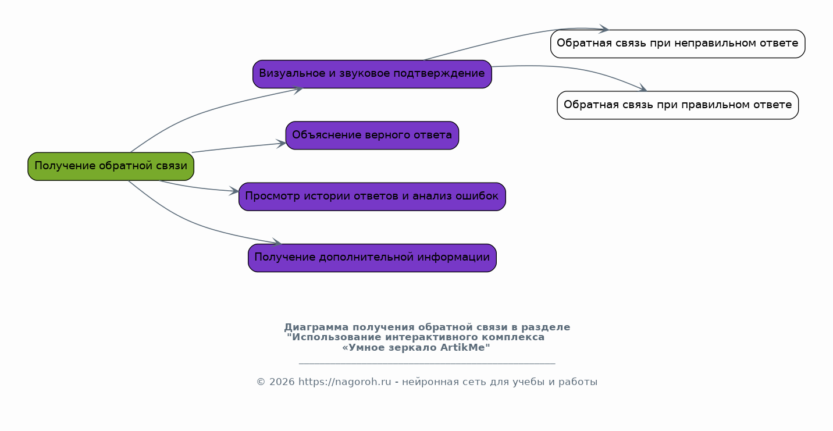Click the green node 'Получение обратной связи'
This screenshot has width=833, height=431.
coord(111,166)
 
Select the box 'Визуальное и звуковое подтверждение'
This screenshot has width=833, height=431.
coord(372,74)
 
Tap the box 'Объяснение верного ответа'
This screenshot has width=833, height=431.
coord(372,136)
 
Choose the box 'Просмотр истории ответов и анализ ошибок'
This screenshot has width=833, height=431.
coord(372,197)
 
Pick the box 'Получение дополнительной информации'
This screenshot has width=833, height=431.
coord(372,258)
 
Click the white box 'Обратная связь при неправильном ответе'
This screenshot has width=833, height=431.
coord(678,44)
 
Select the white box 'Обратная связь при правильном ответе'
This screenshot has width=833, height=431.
coord(678,105)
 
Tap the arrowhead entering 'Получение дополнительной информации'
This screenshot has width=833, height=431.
coord(277,243)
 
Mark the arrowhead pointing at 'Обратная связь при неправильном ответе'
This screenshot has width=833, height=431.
coord(604,29)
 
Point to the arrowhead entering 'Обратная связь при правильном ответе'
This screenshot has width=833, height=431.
coord(643,88)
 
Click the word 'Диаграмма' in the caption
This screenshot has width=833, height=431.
coord(316,327)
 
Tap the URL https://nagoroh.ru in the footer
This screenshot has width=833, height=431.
coord(345,382)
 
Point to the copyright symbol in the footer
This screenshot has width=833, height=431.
coord(261,382)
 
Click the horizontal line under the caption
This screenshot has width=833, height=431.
coord(427,364)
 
